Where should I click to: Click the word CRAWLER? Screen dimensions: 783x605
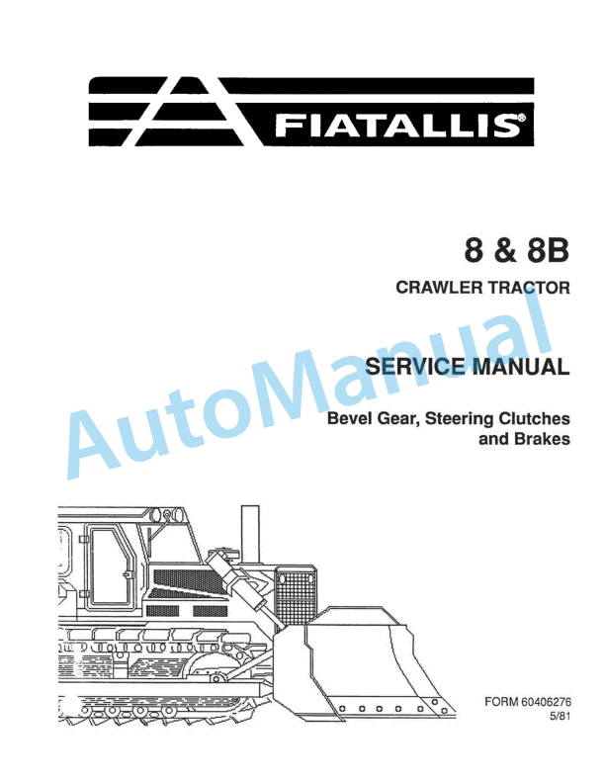tap(435, 290)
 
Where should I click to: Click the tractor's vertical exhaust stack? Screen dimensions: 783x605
tap(250, 524)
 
